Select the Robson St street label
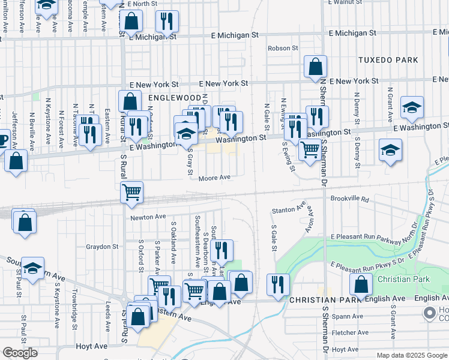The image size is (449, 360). (x=283, y=48)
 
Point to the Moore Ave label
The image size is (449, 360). (x=214, y=178)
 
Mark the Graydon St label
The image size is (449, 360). (x=102, y=247)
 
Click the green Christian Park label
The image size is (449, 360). (x=403, y=280)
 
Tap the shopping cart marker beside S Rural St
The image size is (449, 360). (x=131, y=193)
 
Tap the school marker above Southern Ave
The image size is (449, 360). (x=34, y=269)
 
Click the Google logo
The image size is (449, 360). (x=20, y=353)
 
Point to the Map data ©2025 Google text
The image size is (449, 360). (x=411, y=355)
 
